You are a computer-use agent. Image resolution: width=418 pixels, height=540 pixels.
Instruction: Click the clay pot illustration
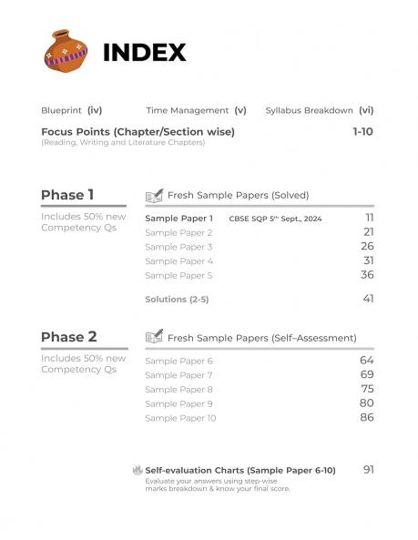[66, 51]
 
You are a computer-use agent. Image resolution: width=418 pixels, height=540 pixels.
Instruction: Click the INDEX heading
[145, 53]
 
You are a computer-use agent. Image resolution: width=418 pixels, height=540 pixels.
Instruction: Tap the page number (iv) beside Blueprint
[94, 110]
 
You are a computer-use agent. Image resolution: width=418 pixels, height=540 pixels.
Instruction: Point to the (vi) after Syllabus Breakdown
[366, 110]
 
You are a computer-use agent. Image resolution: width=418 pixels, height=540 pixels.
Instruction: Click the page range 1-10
[362, 132]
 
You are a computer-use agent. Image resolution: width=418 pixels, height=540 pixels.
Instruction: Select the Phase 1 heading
[67, 195]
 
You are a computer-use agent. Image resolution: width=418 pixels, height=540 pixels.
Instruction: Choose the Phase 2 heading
[68, 337]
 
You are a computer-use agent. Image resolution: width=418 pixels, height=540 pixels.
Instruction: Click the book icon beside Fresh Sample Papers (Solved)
[154, 195]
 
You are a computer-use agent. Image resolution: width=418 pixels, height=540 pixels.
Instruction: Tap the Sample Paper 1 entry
[179, 219]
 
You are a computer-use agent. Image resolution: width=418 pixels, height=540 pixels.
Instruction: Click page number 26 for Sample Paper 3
[367, 246]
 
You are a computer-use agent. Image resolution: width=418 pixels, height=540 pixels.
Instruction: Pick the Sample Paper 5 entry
[178, 275]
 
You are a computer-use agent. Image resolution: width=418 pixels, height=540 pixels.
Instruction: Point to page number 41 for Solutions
[368, 298]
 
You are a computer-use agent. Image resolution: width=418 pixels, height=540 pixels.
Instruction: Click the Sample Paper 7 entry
[178, 375]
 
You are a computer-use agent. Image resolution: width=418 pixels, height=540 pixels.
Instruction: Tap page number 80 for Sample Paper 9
[367, 402]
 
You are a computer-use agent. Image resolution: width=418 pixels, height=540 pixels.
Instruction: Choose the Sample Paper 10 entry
[180, 418]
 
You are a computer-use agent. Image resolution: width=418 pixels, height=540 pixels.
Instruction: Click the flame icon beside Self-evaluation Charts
[138, 470]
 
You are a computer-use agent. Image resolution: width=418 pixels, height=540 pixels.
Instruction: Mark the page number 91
[368, 469]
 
